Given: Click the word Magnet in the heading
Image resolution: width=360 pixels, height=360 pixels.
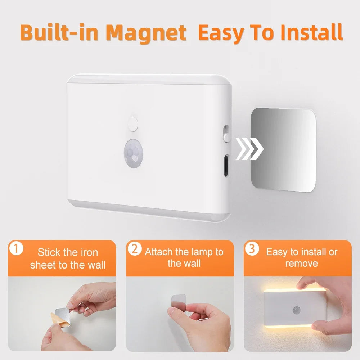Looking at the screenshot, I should pyautogui.click(x=146, y=33).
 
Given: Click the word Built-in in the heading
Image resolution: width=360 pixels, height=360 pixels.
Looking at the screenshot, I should pyautogui.click(x=60, y=33).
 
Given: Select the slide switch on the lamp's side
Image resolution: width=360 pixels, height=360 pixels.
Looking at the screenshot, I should pyautogui.click(x=226, y=134).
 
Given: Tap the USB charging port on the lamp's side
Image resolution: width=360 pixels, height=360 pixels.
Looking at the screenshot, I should pyautogui.click(x=226, y=166).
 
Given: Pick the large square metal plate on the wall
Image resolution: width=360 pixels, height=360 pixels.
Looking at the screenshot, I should pyautogui.click(x=283, y=149).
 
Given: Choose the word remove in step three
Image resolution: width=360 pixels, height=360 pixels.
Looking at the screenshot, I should pyautogui.click(x=302, y=264).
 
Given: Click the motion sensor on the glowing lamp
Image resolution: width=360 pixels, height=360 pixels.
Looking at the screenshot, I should pyautogui.click(x=296, y=309).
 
